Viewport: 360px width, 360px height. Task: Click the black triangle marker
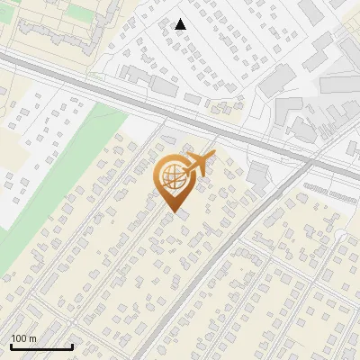(181, 24)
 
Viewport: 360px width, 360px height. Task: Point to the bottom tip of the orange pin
(175, 213)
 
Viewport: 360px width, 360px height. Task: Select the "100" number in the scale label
(20, 338)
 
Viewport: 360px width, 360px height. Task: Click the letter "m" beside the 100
(32, 338)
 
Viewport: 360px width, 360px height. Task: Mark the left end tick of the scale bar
(11, 346)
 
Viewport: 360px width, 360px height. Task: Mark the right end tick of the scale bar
(72, 346)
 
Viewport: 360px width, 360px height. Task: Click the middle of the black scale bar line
(41, 347)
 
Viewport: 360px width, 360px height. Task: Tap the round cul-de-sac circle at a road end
(340, 236)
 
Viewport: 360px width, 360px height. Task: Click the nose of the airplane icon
(215, 157)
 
